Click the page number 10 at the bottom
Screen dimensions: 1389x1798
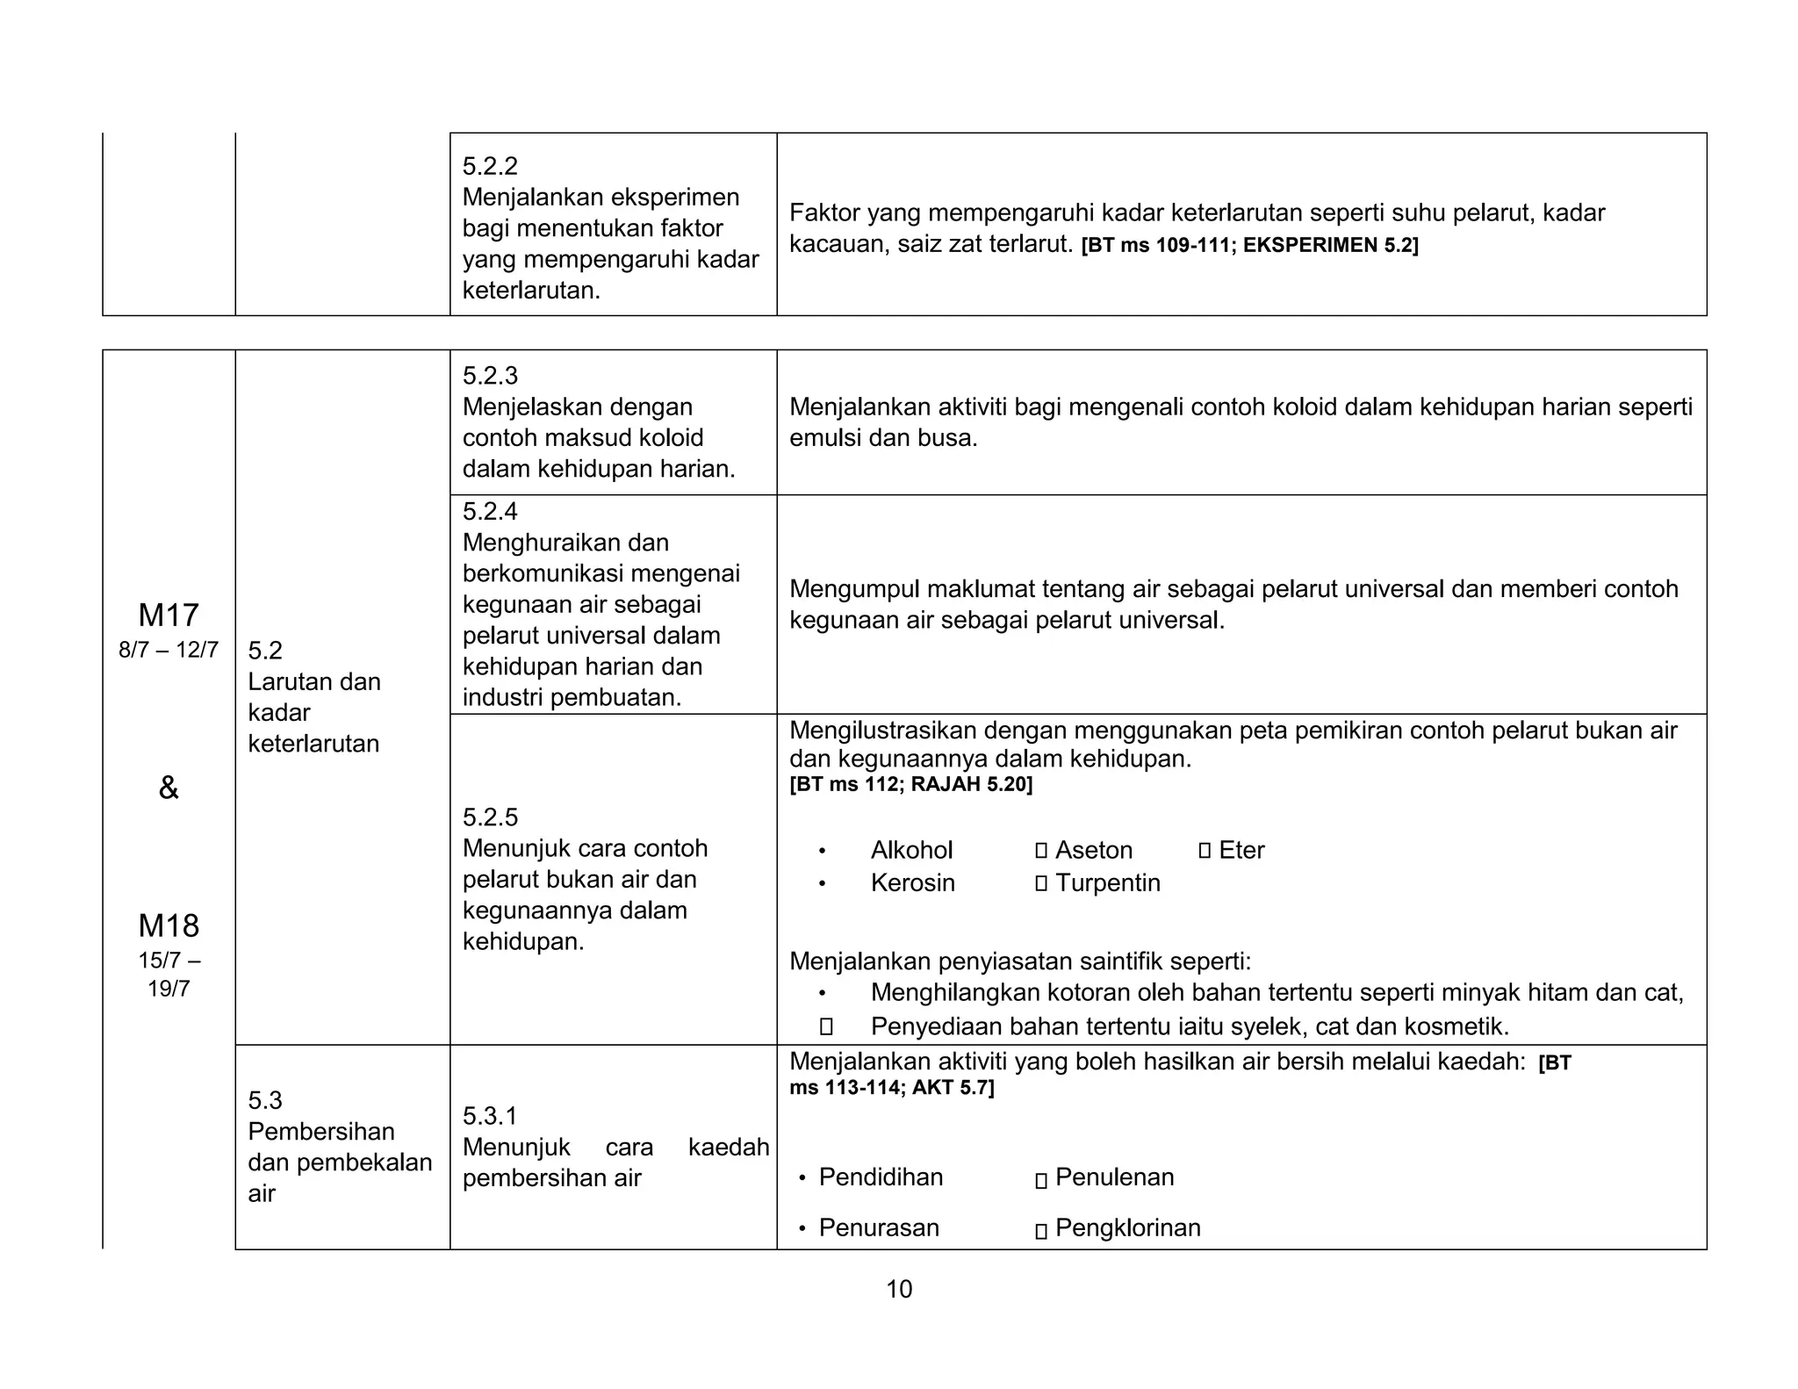tap(899, 1289)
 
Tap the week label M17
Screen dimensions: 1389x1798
tap(169, 615)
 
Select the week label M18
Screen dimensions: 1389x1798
tap(169, 926)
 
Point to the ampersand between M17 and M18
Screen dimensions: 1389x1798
tap(169, 788)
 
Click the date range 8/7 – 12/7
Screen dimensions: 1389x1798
tap(169, 651)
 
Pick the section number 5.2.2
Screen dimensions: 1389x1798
tap(490, 166)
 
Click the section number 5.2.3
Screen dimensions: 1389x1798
tap(490, 376)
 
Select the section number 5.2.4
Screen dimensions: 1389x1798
tap(490, 511)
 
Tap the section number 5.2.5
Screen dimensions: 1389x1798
tap(490, 817)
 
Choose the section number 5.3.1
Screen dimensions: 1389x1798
tap(490, 1116)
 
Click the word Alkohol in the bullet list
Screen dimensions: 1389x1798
tap(911, 850)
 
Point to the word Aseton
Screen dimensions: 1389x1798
tap(1094, 850)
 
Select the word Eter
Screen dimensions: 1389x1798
tap(1241, 850)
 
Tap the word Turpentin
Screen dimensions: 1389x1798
tap(1108, 882)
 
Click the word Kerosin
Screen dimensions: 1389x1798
tap(913, 882)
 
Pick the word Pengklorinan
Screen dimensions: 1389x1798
tap(1128, 1227)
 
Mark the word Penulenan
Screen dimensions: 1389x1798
tap(1115, 1177)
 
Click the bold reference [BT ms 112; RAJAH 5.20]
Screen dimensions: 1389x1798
tap(910, 784)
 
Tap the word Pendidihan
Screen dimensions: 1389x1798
tap(881, 1177)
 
